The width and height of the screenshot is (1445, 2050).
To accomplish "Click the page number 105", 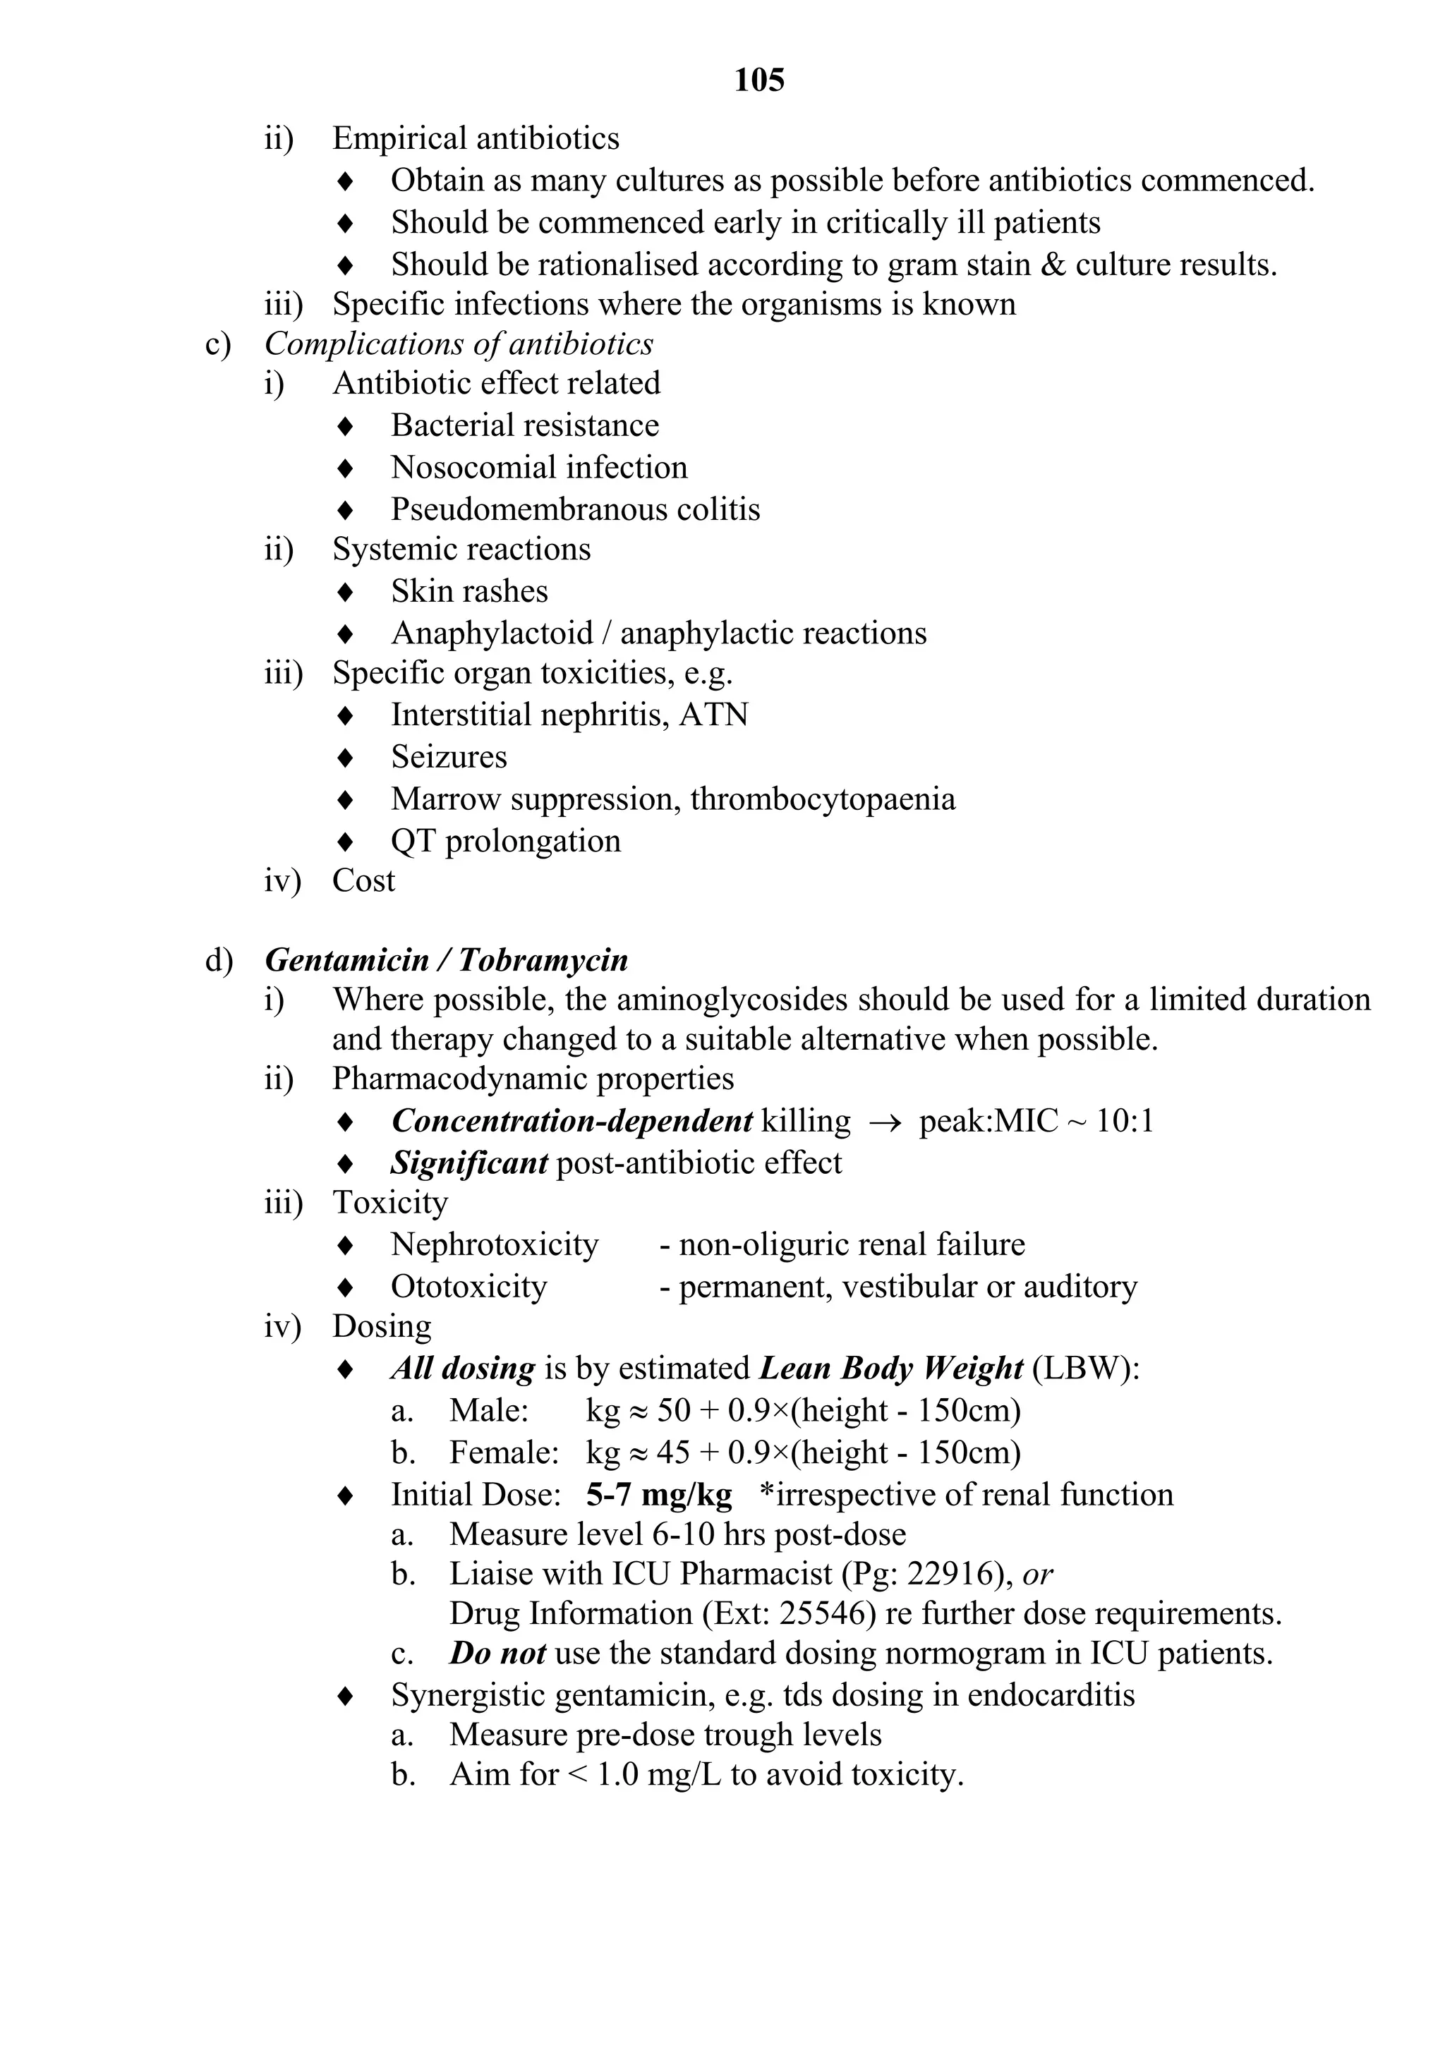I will (x=758, y=80).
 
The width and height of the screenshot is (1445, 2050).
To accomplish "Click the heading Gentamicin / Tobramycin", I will (x=447, y=960).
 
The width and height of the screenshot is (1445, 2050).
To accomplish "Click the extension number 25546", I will (x=827, y=1613).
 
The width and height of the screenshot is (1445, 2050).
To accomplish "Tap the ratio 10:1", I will (x=1123, y=1122).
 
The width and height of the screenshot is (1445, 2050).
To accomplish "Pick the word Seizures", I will (x=448, y=757).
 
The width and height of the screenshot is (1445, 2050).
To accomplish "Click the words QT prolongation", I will (x=505, y=841).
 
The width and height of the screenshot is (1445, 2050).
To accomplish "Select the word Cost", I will (x=363, y=881).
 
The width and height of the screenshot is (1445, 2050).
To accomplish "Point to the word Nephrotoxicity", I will (x=494, y=1244).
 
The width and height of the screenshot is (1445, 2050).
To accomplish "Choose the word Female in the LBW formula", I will (x=500, y=1452).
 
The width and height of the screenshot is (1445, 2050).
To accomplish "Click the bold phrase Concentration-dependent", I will (x=572, y=1122).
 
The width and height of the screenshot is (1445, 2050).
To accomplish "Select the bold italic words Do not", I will (x=497, y=1654).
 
